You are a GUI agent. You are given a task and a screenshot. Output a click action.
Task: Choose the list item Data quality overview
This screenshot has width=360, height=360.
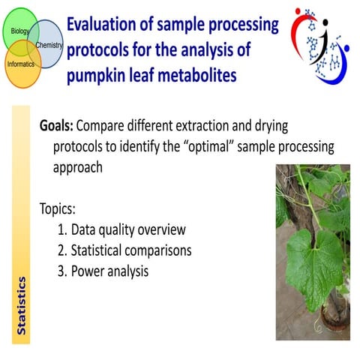tap(127, 229)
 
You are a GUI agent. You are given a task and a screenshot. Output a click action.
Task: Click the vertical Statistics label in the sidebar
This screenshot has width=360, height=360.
tap(22, 305)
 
